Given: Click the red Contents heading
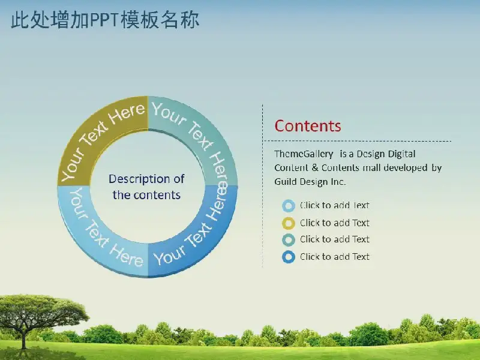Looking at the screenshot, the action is [308, 126].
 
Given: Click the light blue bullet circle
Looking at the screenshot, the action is [289, 206].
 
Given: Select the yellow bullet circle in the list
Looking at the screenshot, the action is [289, 223].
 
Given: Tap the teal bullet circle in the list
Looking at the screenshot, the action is [289, 239].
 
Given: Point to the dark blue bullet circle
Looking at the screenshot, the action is [289, 257].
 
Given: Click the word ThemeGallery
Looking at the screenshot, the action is [304, 154].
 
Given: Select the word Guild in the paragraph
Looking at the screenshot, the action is [286, 182].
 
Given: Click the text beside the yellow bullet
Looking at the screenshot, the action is [335, 223].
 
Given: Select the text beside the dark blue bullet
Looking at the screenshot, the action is [335, 257].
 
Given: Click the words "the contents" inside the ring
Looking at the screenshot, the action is [146, 195].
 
